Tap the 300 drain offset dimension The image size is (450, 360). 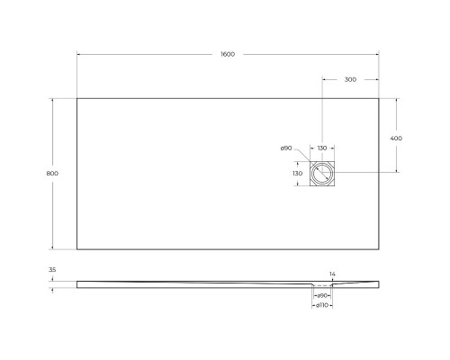click(x=350, y=79)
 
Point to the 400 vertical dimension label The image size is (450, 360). click(x=396, y=138)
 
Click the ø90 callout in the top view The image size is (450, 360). click(x=285, y=148)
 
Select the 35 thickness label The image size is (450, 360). click(x=52, y=270)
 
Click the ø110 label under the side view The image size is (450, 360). click(x=321, y=305)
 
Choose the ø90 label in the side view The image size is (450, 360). click(x=321, y=295)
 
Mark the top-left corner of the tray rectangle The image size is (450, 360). click(x=76, y=98)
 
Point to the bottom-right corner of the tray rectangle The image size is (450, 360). click(x=378, y=247)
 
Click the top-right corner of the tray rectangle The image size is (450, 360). click(x=378, y=98)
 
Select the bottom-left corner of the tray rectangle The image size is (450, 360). click(x=76, y=247)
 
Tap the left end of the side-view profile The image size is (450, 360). click(x=77, y=284)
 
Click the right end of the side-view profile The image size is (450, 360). click(x=378, y=284)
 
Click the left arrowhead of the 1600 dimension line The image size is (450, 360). click(x=78, y=55)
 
